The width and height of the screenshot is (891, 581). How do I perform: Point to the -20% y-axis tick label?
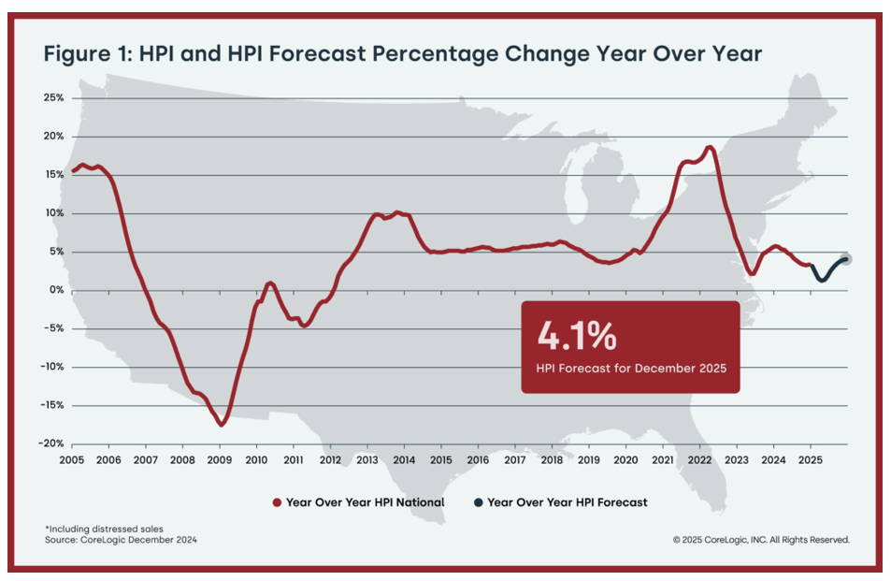pyautogui.click(x=50, y=444)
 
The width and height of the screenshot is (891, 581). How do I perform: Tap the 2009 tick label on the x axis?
pyautogui.click(x=219, y=460)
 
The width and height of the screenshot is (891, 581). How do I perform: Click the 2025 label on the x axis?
pyautogui.click(x=810, y=460)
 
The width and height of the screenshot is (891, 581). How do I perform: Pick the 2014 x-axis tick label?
pyautogui.click(x=404, y=460)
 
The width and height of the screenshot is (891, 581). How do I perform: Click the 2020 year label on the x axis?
pyautogui.click(x=625, y=460)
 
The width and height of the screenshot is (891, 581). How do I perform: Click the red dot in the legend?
pyautogui.click(x=277, y=502)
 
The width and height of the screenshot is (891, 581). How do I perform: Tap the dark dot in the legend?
pyautogui.click(x=478, y=502)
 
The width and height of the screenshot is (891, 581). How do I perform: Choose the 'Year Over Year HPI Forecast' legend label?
pyautogui.click(x=568, y=502)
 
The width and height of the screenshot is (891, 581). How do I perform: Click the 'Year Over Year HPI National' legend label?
pyautogui.click(x=365, y=502)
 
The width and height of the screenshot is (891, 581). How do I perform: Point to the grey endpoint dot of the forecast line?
pyautogui.click(x=847, y=259)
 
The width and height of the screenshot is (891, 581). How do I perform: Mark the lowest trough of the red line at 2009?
pyautogui.click(x=222, y=425)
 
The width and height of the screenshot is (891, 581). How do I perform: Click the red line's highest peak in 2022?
pyautogui.click(x=710, y=147)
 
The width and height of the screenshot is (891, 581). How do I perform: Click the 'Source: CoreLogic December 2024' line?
pyautogui.click(x=121, y=540)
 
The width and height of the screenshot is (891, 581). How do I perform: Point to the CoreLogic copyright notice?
pyautogui.click(x=760, y=540)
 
